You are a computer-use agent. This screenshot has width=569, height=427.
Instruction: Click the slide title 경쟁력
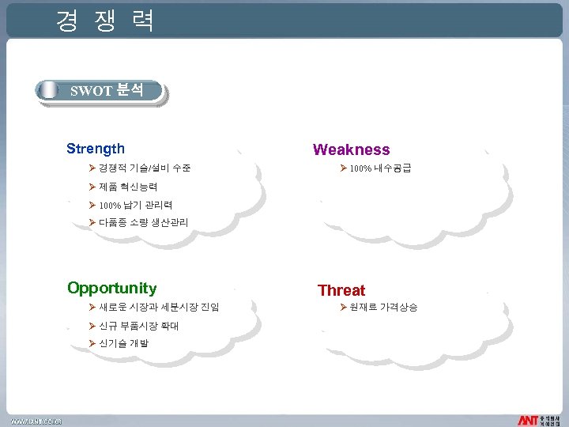coord(104,21)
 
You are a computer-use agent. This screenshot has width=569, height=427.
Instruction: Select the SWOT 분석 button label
coord(107,90)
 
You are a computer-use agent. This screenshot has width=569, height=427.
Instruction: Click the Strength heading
coord(96,149)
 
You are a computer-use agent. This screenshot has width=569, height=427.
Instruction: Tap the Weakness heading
coord(351,149)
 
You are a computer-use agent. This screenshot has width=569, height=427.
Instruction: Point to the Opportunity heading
coord(112,288)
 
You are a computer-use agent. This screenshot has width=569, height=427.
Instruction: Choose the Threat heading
coord(341,290)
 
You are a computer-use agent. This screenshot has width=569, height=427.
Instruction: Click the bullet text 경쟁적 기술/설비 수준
coord(145,168)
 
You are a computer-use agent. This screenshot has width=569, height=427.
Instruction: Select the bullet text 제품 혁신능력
coord(128,187)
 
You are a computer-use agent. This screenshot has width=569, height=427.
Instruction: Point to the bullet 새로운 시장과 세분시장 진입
coord(159,307)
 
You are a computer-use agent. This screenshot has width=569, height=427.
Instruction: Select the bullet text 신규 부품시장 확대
coord(138,326)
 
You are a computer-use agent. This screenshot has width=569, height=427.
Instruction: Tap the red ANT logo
coord(528,419)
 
